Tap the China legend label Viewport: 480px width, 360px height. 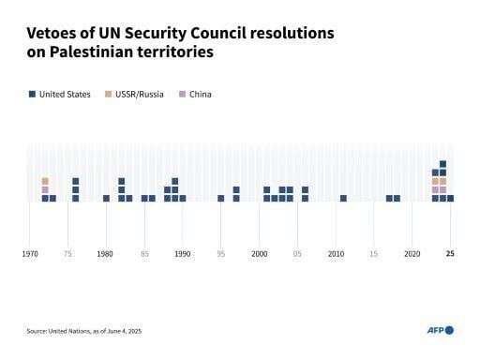[200, 95]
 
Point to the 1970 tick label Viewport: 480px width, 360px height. [29, 253]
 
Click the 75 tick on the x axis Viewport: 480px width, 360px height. [67, 253]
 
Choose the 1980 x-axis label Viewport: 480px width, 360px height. [106, 253]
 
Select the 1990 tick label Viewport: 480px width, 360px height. [183, 253]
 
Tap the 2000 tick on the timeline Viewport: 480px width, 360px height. [259, 253]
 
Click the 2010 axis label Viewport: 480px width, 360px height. [336, 253]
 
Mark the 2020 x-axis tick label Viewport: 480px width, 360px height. [412, 253]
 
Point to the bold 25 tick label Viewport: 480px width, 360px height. [451, 253]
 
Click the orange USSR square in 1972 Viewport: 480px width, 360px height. [45, 181]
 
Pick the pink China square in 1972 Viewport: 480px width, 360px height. [45, 189]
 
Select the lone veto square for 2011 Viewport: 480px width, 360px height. [343, 198]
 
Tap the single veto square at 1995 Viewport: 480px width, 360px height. [221, 198]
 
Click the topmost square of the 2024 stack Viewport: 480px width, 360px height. [443, 164]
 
